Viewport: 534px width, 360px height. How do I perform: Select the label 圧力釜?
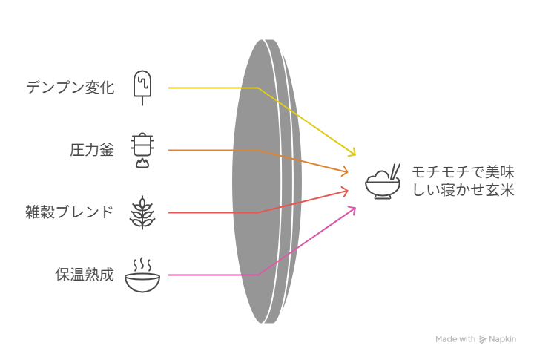[92, 151]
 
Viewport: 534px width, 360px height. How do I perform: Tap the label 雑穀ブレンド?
[70, 213]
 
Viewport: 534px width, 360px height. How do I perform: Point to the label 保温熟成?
[85, 275]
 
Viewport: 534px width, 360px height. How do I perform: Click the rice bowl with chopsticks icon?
[383, 182]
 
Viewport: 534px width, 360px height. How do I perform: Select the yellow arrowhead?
[352, 152]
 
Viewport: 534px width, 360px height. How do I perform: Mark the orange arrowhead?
[344, 171]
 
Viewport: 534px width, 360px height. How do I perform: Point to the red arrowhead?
[344, 192]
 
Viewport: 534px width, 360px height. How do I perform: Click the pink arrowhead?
[352, 210]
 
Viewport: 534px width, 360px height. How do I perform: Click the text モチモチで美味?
[463, 173]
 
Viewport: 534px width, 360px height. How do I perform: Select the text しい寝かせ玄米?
[463, 191]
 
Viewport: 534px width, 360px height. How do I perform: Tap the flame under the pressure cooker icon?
[140, 163]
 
